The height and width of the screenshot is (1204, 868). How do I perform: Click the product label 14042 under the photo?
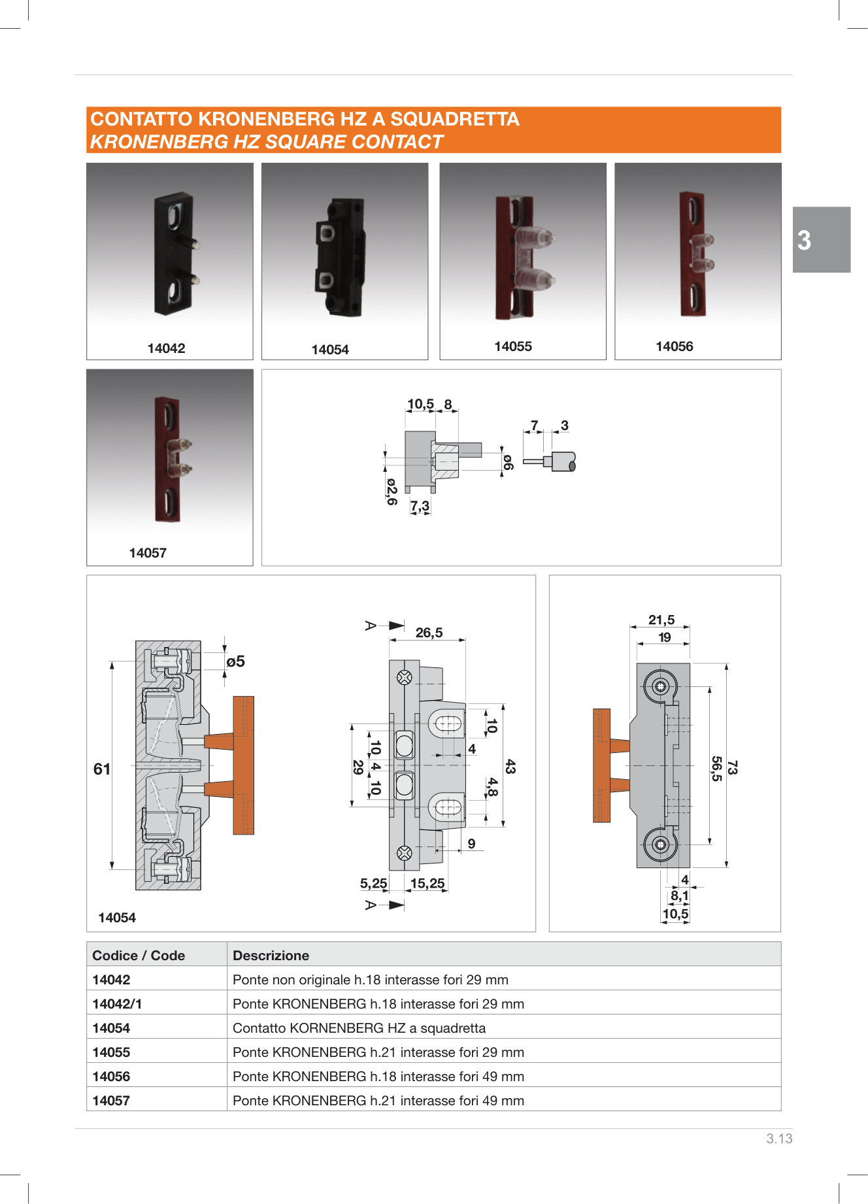click(x=166, y=348)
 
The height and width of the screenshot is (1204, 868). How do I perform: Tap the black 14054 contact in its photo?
click(x=341, y=258)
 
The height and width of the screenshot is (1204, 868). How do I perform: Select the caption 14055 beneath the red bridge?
click(x=512, y=346)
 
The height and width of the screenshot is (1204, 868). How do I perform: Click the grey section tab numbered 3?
click(x=821, y=240)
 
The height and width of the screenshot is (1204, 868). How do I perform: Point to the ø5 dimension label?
click(x=235, y=661)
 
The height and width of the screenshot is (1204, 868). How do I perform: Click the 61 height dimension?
click(x=102, y=769)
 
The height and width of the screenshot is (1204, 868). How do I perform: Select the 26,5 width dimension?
click(x=429, y=633)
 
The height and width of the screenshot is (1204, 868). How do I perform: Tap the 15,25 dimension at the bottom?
click(x=427, y=884)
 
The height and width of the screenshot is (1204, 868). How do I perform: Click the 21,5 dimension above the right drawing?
click(x=661, y=620)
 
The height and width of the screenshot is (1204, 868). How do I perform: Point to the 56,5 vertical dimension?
click(x=716, y=769)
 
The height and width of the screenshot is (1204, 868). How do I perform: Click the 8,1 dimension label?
click(x=679, y=896)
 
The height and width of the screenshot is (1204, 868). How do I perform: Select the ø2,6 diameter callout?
click(x=391, y=492)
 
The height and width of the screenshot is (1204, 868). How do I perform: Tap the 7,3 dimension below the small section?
click(x=420, y=506)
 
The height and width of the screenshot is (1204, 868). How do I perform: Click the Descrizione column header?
click(x=271, y=956)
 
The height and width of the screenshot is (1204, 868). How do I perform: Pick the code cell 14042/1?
click(x=117, y=1004)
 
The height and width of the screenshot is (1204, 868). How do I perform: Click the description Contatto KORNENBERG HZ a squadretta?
click(x=359, y=1028)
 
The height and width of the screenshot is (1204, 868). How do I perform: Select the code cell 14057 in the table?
click(x=111, y=1101)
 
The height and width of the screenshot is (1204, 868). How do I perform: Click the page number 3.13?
click(x=778, y=1139)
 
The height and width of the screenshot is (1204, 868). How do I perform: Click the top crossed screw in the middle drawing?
click(x=405, y=677)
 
